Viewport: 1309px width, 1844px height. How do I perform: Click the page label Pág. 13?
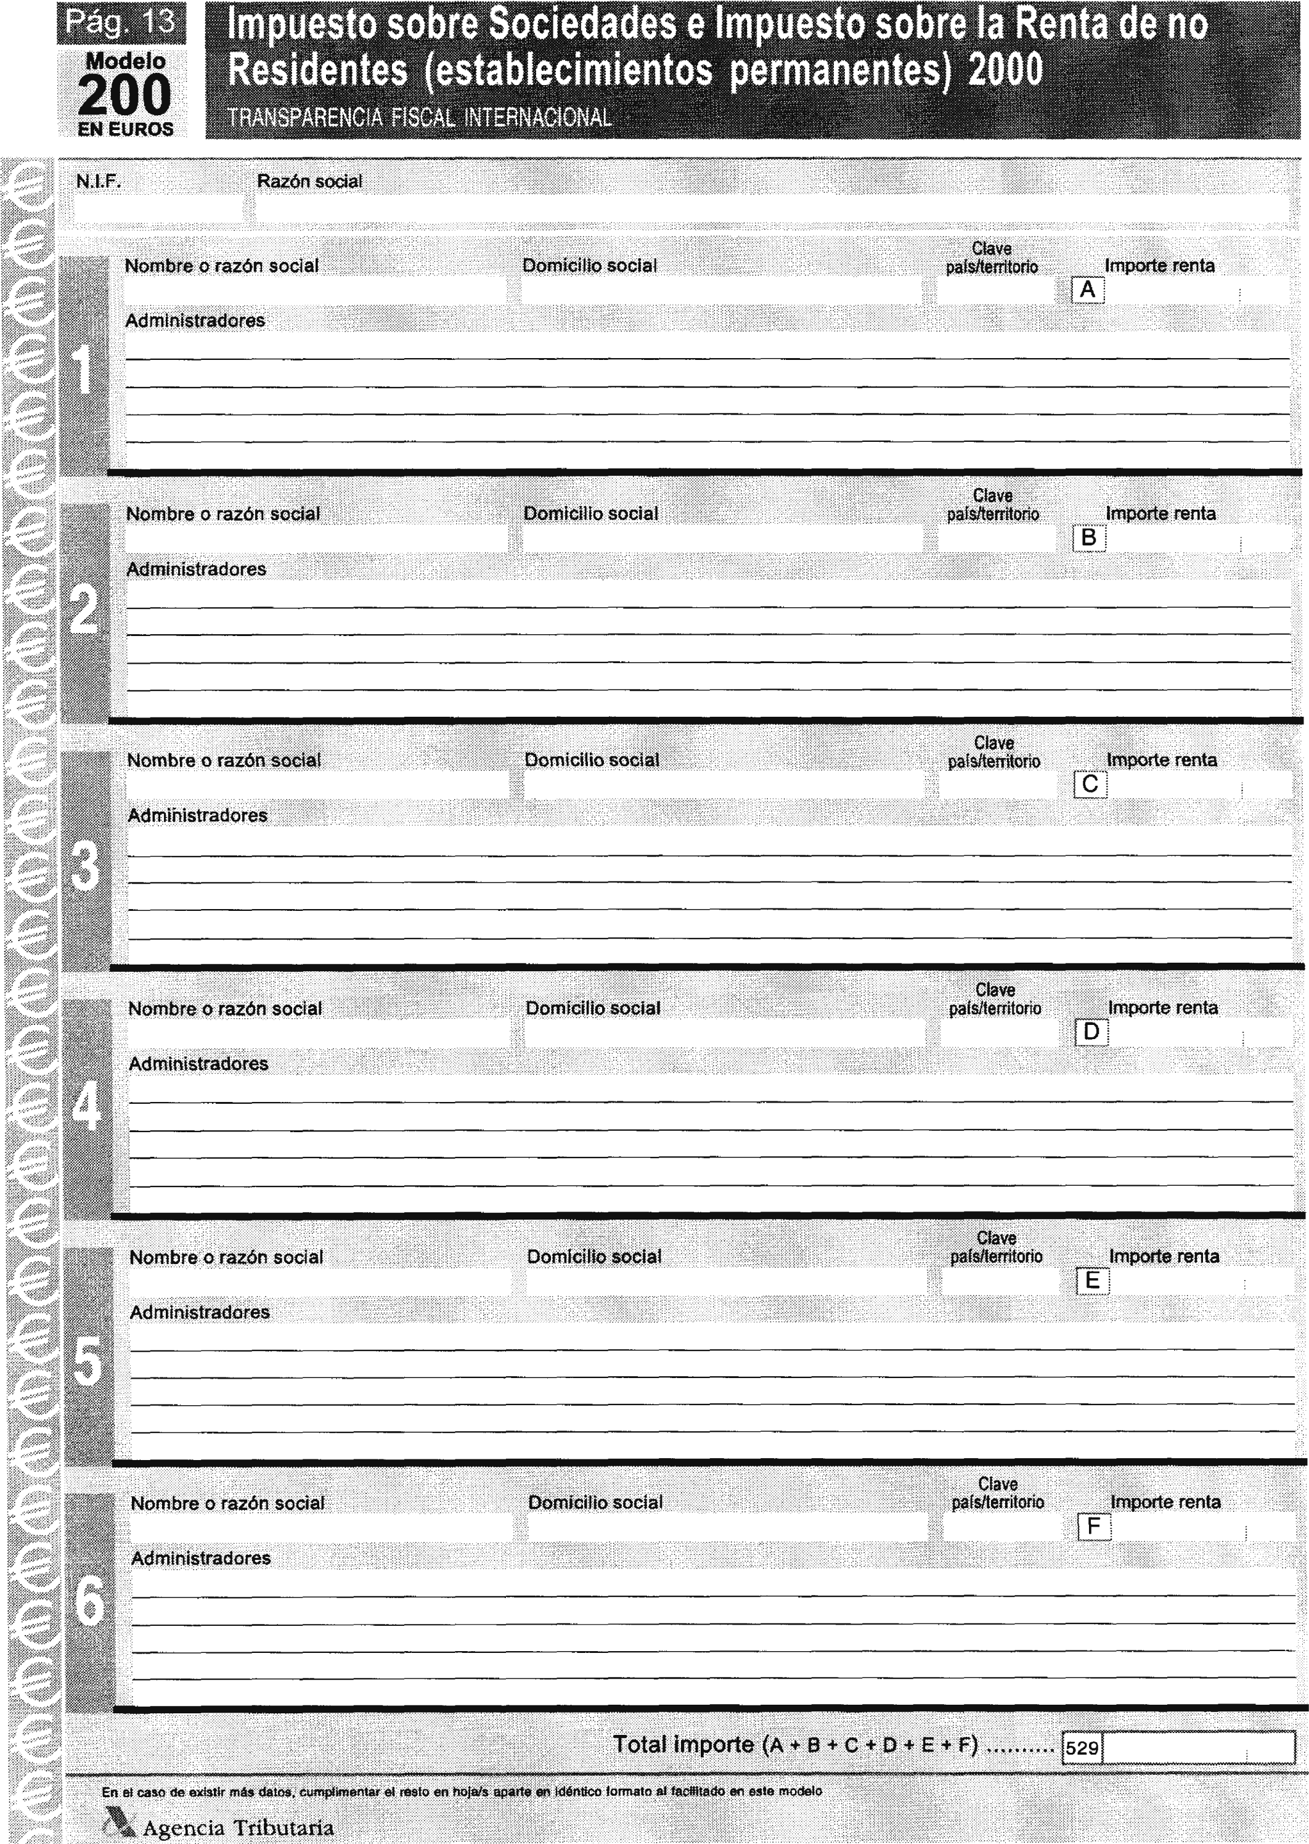pyautogui.click(x=121, y=22)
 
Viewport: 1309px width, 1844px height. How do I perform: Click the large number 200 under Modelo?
pyautogui.click(x=125, y=95)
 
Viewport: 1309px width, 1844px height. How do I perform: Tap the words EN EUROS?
pyautogui.click(x=126, y=129)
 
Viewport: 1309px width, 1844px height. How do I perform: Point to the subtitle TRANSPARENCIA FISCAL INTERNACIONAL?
pyautogui.click(x=420, y=118)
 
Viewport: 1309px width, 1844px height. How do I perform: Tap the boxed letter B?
pyautogui.click(x=1088, y=537)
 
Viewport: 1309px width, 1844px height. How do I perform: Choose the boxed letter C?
pyautogui.click(x=1090, y=784)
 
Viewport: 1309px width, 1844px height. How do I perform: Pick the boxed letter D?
pyautogui.click(x=1091, y=1032)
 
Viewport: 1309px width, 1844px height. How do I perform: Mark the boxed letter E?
pyautogui.click(x=1093, y=1281)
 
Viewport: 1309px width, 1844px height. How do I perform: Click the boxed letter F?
pyautogui.click(x=1094, y=1527)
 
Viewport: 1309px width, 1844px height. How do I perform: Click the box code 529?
pyautogui.click(x=1082, y=1747)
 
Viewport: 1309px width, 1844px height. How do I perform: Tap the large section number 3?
pyautogui.click(x=86, y=868)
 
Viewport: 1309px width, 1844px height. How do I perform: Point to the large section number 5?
pyautogui.click(x=89, y=1362)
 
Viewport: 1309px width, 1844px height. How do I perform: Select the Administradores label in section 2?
pyautogui.click(x=196, y=569)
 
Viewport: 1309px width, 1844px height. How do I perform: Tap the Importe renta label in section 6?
pyautogui.click(x=1165, y=1503)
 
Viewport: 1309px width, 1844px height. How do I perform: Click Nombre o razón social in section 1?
pyautogui.click(x=222, y=266)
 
